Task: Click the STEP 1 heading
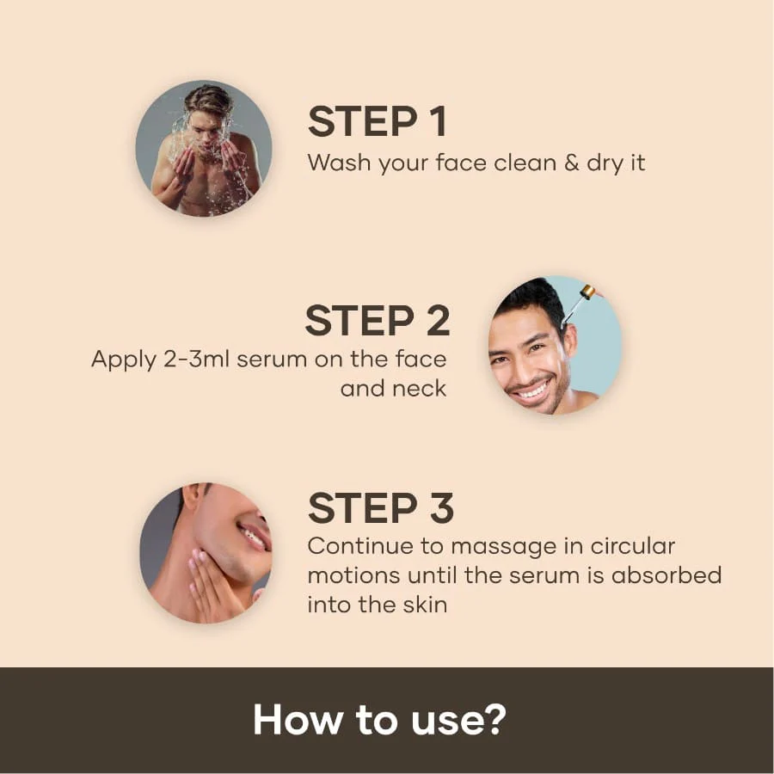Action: pyautogui.click(x=377, y=122)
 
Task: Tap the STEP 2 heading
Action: pyautogui.click(x=377, y=321)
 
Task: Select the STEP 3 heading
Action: pyautogui.click(x=380, y=508)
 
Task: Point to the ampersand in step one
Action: pyautogui.click(x=571, y=162)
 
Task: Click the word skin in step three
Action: pyautogui.click(x=421, y=604)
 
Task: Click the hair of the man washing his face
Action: pyautogui.click(x=208, y=100)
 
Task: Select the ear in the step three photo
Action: pyautogui.click(x=197, y=497)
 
